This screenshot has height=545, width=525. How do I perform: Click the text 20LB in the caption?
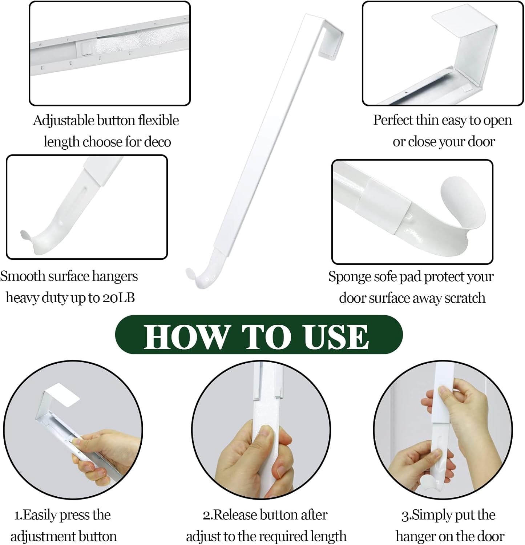118,298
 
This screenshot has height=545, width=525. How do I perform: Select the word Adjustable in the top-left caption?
64,121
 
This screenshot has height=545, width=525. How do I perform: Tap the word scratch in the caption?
465,298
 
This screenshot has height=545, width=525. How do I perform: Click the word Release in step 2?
235,515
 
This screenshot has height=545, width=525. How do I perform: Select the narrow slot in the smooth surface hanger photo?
86,198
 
